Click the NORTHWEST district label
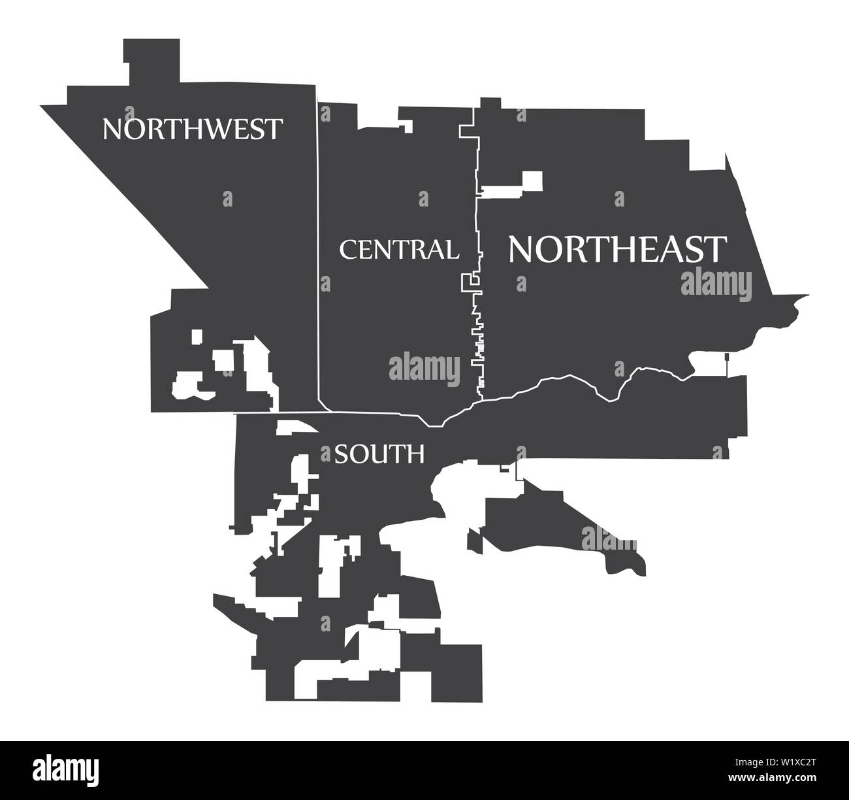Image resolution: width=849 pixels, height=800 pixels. tap(193, 129)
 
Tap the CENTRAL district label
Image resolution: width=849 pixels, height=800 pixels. tap(398, 250)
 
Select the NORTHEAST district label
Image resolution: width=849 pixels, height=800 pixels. tap(617, 249)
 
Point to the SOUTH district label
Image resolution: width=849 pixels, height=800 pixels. tap(379, 454)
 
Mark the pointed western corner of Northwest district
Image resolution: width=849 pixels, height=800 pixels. tap(44, 106)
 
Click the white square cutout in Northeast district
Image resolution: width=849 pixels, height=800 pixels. tap(531, 180)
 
